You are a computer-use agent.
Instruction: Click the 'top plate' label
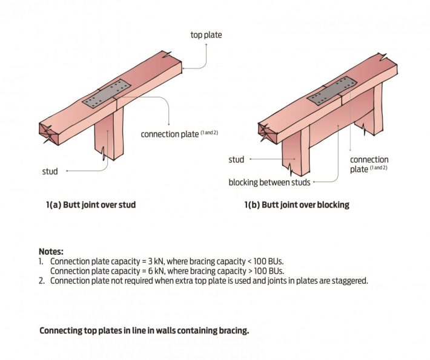(206, 35)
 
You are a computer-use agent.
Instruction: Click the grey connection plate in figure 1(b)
(331, 90)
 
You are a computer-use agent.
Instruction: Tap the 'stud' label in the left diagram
(50, 171)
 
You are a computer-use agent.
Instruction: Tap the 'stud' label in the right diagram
(236, 160)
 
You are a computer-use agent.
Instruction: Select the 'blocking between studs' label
(270, 182)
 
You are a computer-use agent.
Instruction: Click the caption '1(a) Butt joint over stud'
(91, 205)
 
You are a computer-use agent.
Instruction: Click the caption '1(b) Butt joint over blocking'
(297, 205)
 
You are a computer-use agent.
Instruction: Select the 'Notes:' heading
(51, 250)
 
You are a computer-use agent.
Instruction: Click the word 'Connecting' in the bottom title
(60, 331)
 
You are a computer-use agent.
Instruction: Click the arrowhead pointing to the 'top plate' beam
(182, 68)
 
